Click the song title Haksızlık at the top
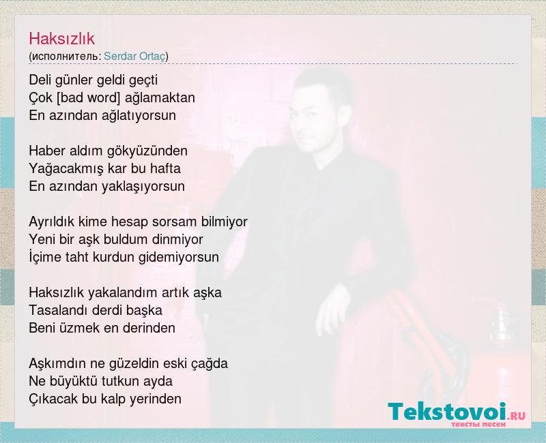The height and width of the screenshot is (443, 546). coord(61,38)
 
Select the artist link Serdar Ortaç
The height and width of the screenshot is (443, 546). coord(134,57)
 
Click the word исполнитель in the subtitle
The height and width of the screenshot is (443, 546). coord(66,57)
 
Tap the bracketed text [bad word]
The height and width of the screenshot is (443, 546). coord(88,97)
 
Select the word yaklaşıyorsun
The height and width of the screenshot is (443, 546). coord(143,186)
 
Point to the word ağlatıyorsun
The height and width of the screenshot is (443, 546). coord(139,115)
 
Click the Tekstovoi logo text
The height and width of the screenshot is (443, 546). coord(447,412)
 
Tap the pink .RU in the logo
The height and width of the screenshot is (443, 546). coord(517,415)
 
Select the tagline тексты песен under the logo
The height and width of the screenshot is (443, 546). coord(478,425)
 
